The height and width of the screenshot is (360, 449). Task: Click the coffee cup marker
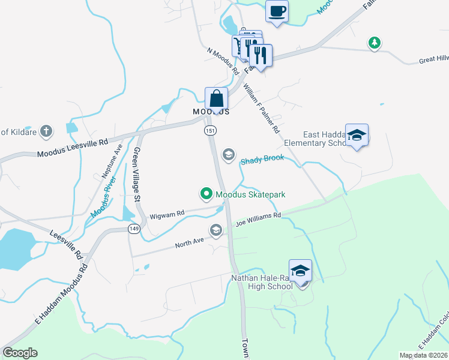(x=277, y=11)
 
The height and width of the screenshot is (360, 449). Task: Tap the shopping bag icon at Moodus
(x=216, y=98)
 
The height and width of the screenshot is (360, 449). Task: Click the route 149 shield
(x=134, y=229)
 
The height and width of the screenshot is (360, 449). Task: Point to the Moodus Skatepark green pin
(x=206, y=194)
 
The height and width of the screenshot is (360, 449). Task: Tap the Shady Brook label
(x=262, y=161)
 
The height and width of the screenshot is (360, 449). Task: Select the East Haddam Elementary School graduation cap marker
(x=357, y=136)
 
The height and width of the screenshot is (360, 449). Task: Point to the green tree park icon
(x=375, y=43)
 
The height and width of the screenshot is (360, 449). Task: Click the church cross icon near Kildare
(x=47, y=131)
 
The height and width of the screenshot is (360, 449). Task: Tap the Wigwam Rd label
(x=166, y=214)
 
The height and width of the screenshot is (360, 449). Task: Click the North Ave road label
(x=190, y=243)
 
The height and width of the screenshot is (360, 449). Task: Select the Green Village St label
(x=137, y=174)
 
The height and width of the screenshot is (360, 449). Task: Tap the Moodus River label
(x=103, y=200)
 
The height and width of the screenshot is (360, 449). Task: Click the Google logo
(x=20, y=353)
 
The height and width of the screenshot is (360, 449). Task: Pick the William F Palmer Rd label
(x=261, y=108)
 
